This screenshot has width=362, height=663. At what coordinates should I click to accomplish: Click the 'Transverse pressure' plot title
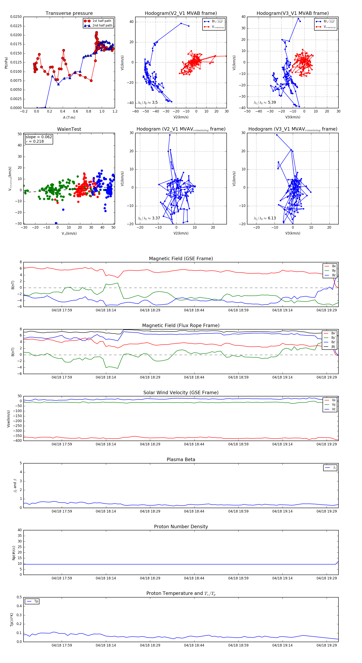coord(69,13)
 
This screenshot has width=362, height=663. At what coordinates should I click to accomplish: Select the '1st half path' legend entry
coord(102,21)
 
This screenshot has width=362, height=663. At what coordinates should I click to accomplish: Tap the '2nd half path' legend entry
coord(102,26)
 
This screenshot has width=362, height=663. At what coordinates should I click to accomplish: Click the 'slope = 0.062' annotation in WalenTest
coord(39,137)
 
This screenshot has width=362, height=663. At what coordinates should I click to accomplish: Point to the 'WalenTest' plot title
coord(69,129)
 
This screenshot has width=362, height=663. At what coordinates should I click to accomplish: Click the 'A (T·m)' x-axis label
coord(69,117)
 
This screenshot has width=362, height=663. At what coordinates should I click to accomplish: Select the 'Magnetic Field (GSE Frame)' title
coord(181,259)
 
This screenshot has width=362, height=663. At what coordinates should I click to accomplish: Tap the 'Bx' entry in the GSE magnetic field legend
coord(334,266)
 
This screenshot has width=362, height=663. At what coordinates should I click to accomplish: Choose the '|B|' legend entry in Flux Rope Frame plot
coord(333,347)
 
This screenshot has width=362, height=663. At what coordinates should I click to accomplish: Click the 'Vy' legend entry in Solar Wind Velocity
coord(333,405)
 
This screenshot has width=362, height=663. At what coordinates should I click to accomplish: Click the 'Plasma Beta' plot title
coord(181,459)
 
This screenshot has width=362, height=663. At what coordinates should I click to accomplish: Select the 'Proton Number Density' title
coord(181,527)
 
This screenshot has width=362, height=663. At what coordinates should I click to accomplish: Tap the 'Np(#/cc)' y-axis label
coord(14,552)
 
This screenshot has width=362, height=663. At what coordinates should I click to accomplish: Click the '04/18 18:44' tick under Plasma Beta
coord(194,511)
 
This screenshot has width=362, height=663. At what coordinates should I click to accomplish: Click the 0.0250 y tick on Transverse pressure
coord(16,17)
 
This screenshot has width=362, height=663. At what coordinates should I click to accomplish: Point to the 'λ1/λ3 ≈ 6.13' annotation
coord(265,218)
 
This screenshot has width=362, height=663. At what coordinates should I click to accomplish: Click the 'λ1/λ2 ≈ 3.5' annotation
coord(148,102)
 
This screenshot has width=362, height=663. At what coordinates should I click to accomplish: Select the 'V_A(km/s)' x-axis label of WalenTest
coord(69,233)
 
